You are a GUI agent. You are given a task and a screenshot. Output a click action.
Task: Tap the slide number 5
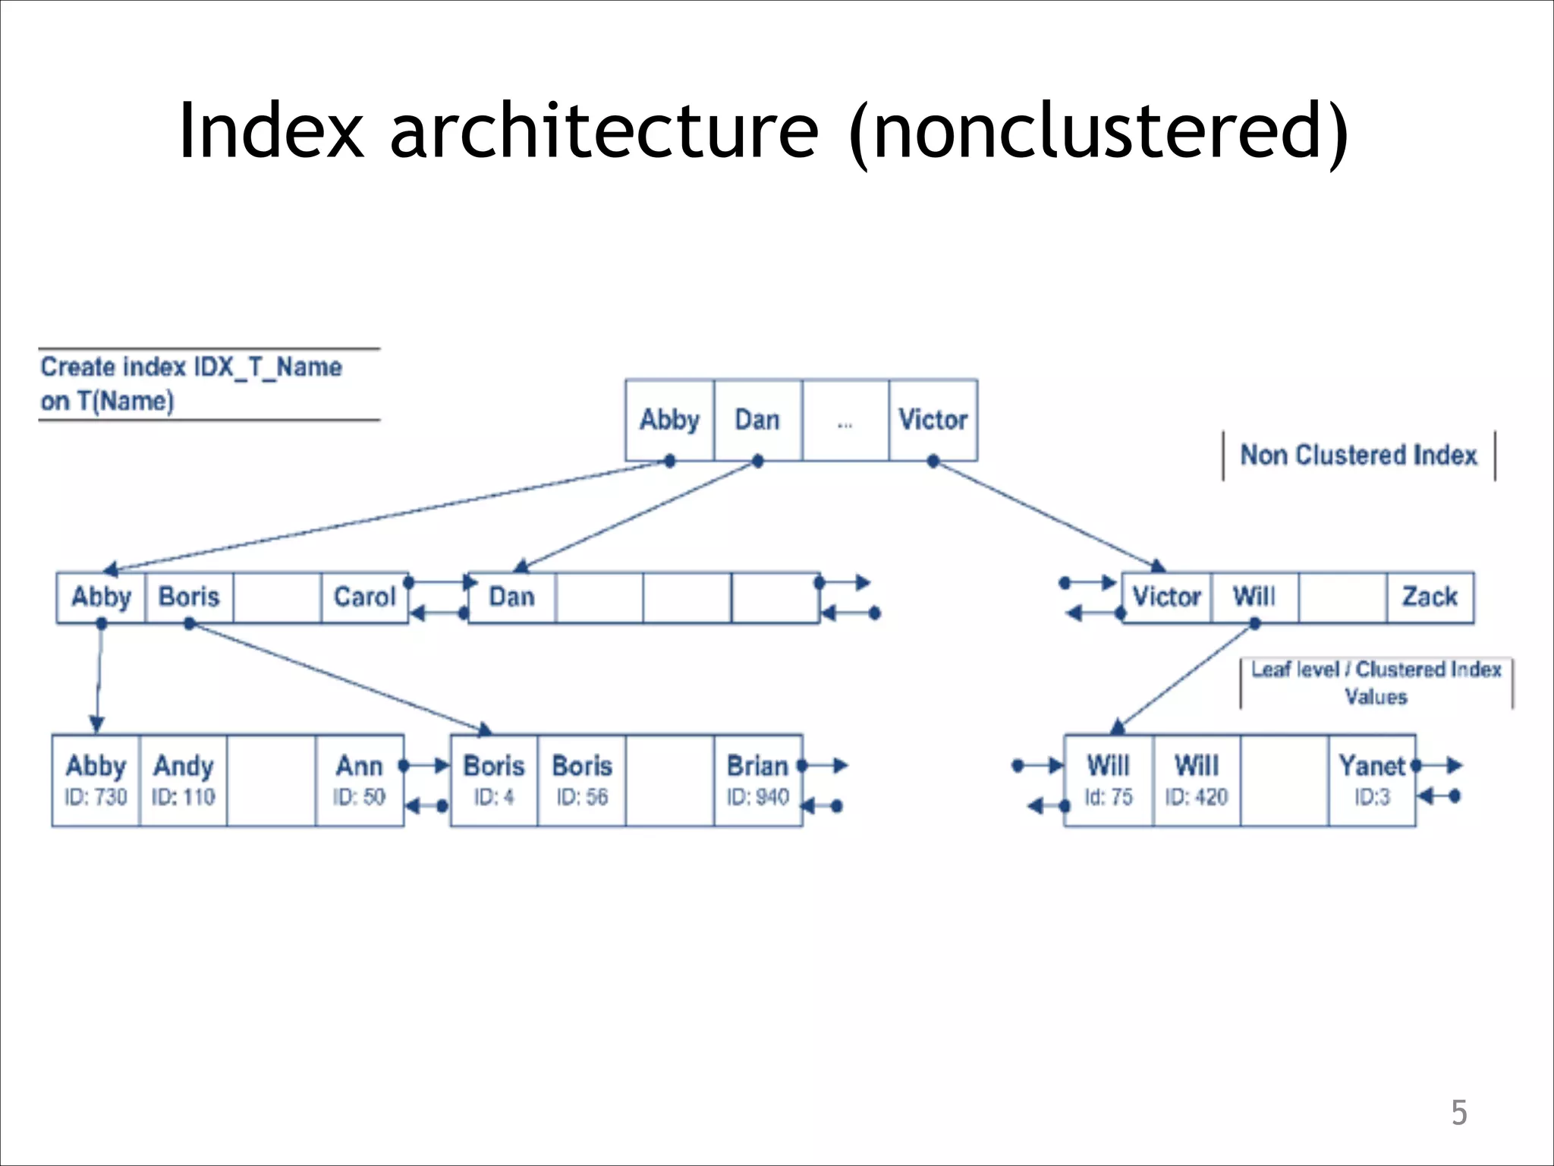pyautogui.click(x=1458, y=1113)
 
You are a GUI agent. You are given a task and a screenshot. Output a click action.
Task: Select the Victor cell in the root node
pyautogui.click(x=933, y=420)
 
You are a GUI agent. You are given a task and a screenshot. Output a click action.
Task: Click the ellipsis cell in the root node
pyautogui.click(x=845, y=421)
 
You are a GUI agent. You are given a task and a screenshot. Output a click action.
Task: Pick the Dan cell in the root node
pyautogui.click(x=757, y=420)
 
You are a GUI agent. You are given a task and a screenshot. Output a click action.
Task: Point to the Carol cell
pyautogui.click(x=364, y=597)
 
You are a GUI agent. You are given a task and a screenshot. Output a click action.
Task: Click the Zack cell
pyautogui.click(x=1430, y=597)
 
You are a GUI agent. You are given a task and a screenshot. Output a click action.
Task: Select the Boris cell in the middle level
pyautogui.click(x=188, y=597)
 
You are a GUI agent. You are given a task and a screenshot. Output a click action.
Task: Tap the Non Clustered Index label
pyautogui.click(x=1358, y=455)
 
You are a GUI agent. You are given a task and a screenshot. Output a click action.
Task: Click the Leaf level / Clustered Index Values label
pyautogui.click(x=1376, y=682)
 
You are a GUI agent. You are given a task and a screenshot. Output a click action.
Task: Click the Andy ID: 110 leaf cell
pyautogui.click(x=183, y=780)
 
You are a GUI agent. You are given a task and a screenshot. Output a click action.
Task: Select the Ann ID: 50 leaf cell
pyautogui.click(x=359, y=780)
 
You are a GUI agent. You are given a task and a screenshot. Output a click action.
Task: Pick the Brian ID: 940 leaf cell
pyautogui.click(x=757, y=780)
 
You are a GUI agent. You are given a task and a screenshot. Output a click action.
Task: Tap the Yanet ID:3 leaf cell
pyautogui.click(x=1371, y=780)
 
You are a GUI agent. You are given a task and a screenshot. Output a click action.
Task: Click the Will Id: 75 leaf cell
pyautogui.click(x=1108, y=780)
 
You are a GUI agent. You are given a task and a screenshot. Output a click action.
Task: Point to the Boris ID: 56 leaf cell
pyautogui.click(x=581, y=780)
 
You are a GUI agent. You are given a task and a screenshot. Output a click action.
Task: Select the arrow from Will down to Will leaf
pyautogui.click(x=1185, y=676)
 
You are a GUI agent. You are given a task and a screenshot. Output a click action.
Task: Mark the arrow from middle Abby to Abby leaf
pyautogui.click(x=99, y=676)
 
